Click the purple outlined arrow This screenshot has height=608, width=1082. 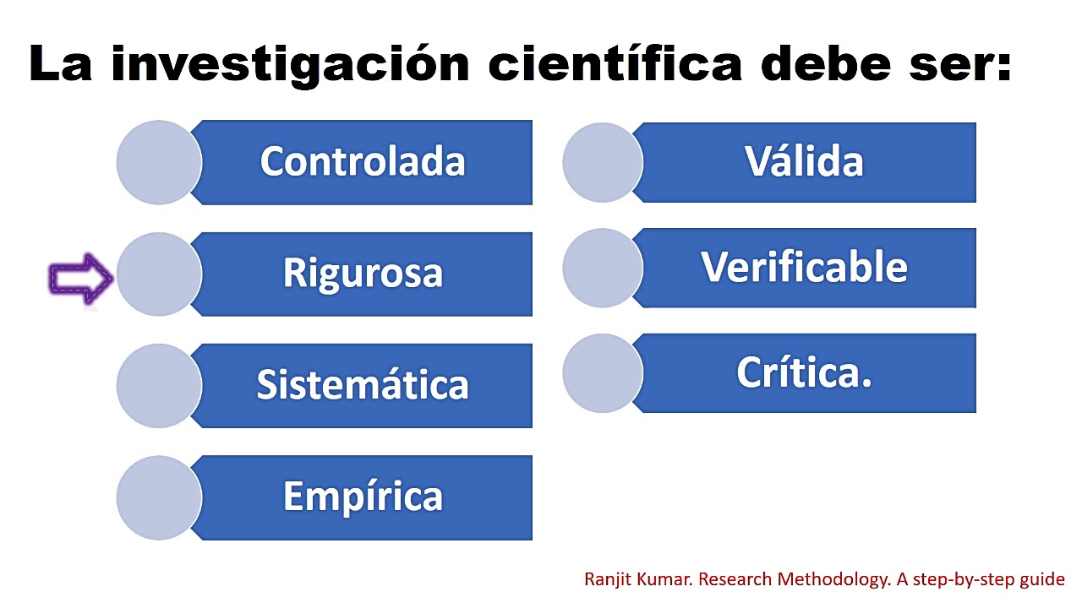tap(81, 280)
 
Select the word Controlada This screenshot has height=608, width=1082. tap(363, 161)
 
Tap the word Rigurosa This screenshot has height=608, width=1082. tap(363, 273)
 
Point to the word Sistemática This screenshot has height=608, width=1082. tap(363, 384)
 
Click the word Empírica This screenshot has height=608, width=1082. tap(363, 496)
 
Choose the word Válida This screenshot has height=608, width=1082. tap(804, 161)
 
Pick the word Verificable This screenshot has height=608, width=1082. tap(804, 267)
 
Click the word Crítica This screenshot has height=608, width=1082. tap(804, 372)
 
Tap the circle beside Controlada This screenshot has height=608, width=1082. tap(159, 162)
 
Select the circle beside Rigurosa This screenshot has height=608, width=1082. tap(159, 274)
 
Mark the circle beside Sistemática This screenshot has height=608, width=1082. tap(159, 385)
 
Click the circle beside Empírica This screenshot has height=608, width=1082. tap(159, 497)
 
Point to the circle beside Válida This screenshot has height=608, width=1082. tap(603, 162)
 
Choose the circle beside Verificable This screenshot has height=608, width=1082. tap(603, 268)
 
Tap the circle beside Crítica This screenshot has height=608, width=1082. tap(603, 373)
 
